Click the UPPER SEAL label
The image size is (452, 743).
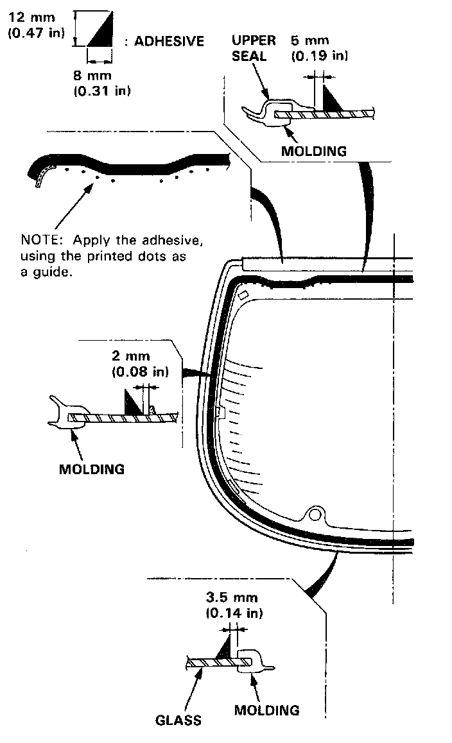(254, 48)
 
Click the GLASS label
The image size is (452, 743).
(178, 720)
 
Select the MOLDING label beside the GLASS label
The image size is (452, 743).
(266, 710)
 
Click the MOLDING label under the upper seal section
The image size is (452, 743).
(314, 151)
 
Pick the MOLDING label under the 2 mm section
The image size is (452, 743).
(92, 468)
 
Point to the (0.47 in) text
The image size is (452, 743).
(35, 31)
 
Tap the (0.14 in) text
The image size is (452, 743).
(234, 613)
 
